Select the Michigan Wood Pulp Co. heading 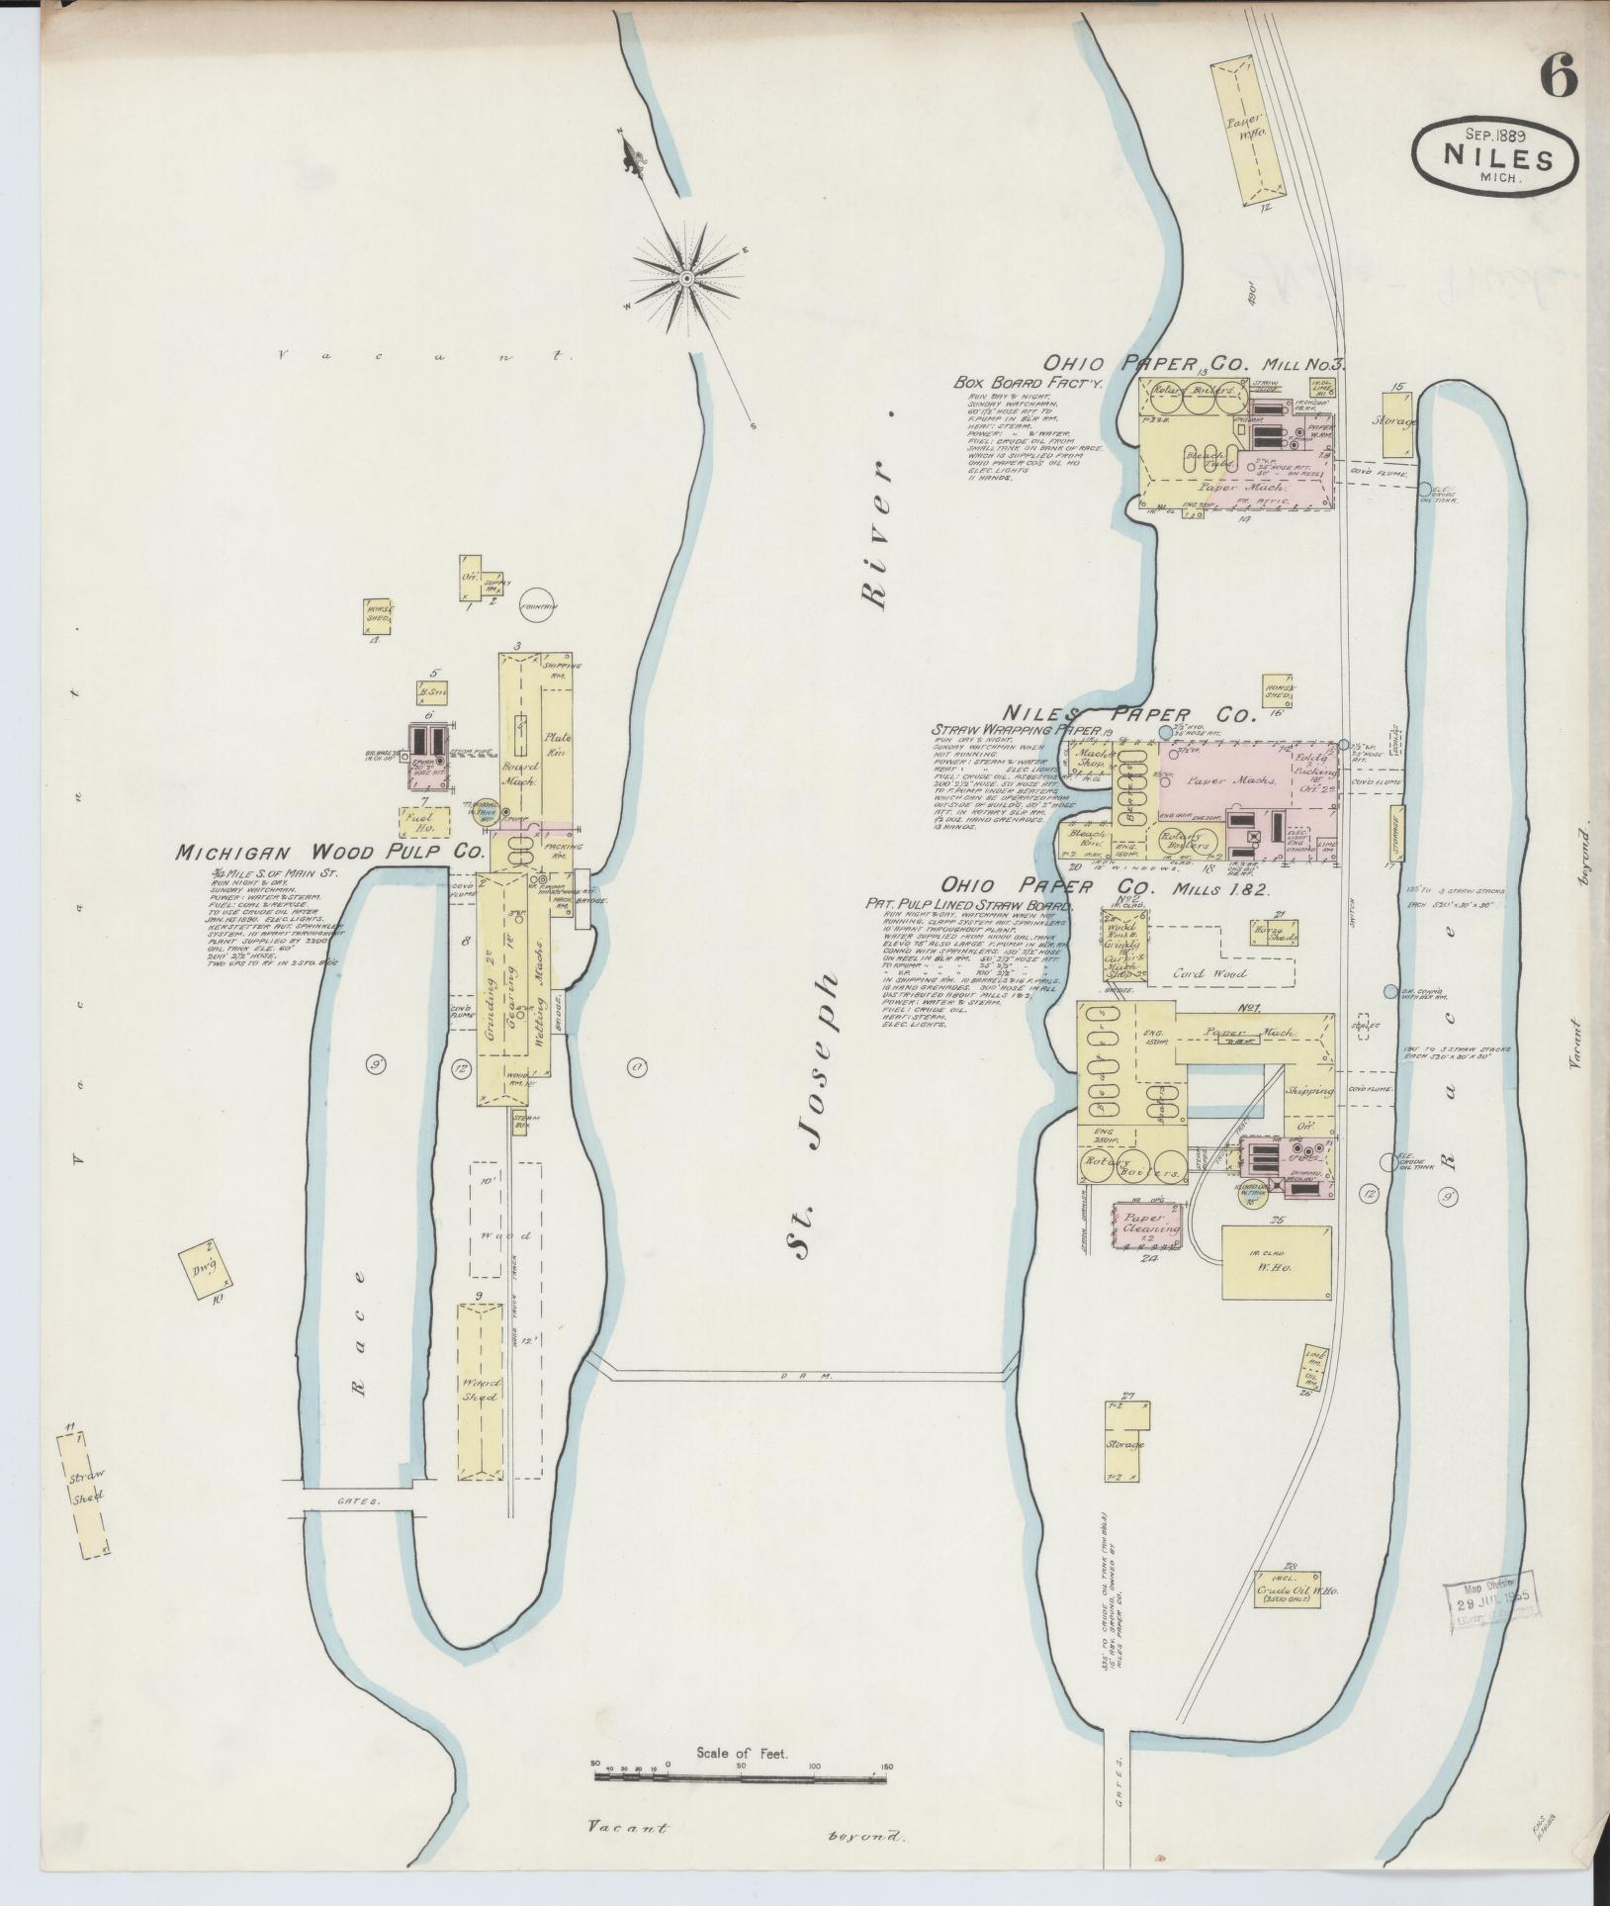[329, 852]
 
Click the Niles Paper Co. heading [1129, 713]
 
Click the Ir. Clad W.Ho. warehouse [1276, 1263]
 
